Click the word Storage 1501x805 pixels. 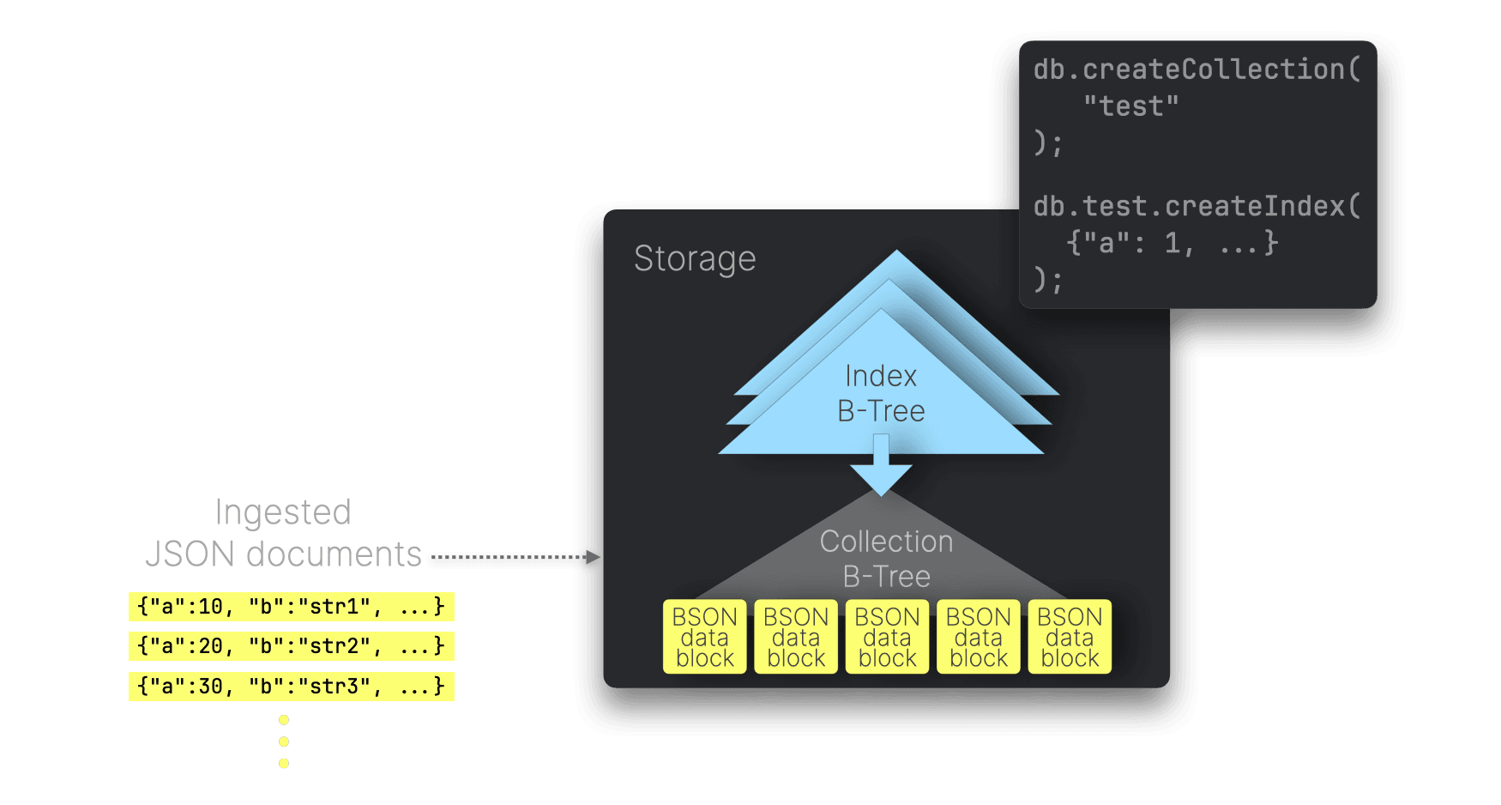click(695, 259)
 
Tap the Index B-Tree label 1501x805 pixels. click(881, 394)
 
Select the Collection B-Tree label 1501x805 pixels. click(886, 559)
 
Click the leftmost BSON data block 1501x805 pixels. click(704, 637)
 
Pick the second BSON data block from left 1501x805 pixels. click(796, 637)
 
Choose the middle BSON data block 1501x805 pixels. click(887, 637)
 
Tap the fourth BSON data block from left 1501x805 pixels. click(979, 637)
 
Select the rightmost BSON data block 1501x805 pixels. click(1070, 637)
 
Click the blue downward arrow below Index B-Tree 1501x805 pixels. click(881, 468)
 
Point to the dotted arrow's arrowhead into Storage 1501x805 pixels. click(593, 558)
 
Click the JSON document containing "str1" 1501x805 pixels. click(292, 607)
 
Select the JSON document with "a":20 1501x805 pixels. click(292, 646)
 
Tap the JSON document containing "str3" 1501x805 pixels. click(292, 687)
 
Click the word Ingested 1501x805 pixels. click(283, 512)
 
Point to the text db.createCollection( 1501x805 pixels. click(1197, 70)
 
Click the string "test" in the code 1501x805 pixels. click(1130, 106)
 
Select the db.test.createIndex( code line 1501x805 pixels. click(1197, 207)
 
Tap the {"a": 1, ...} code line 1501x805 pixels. click(1172, 244)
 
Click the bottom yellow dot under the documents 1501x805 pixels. click(284, 763)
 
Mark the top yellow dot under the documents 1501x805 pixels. click(284, 720)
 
